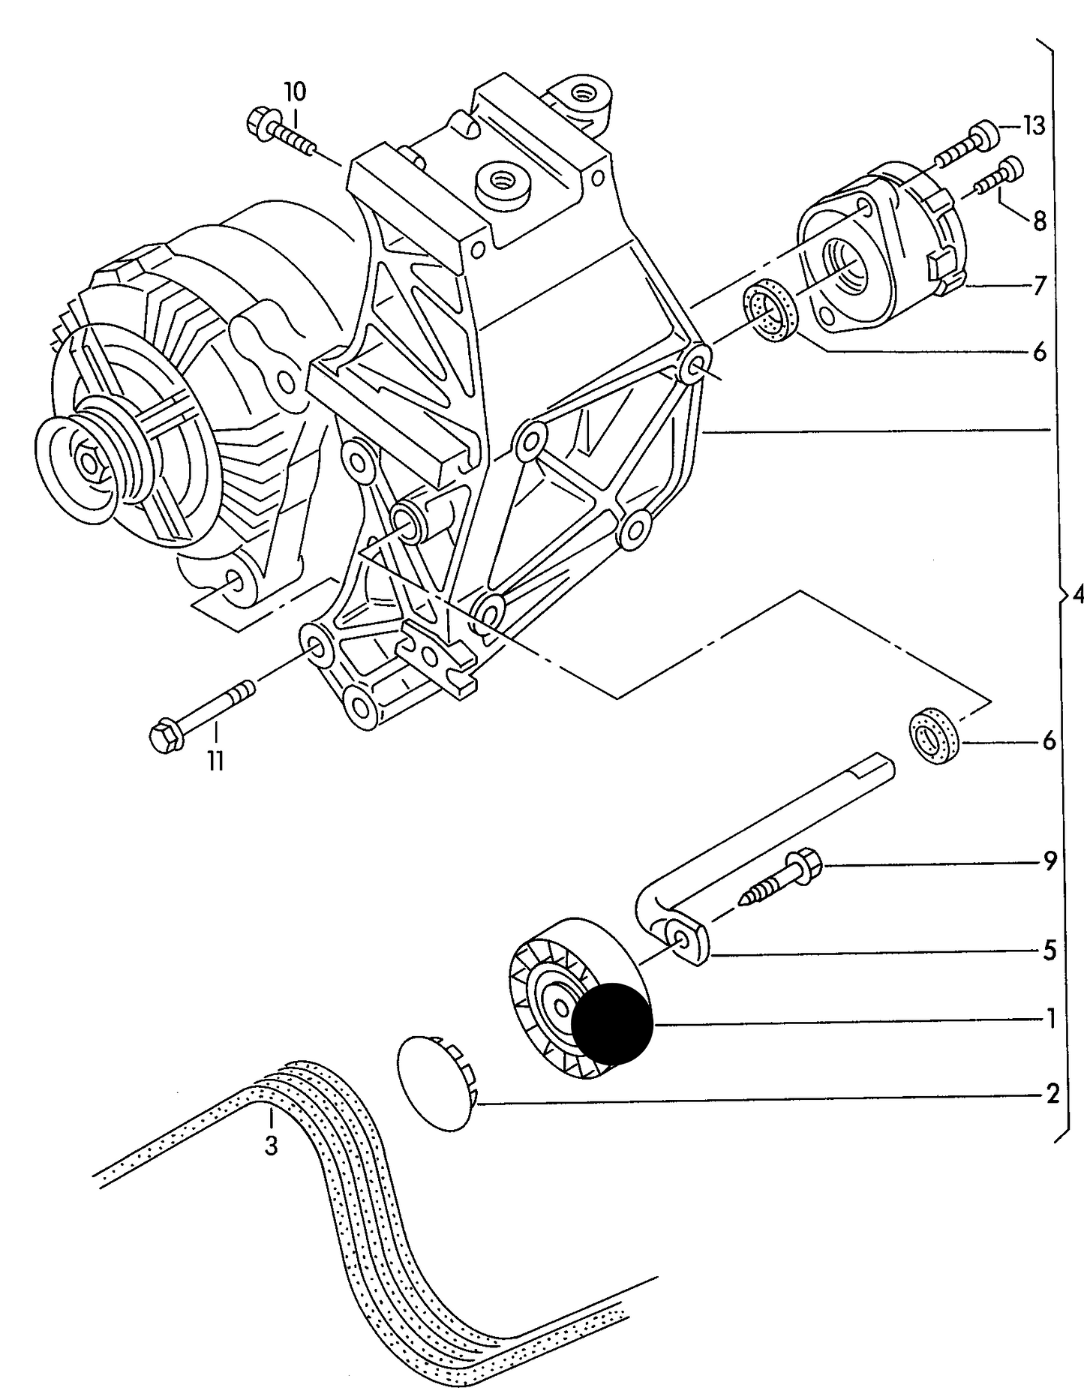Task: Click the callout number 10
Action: coord(295,92)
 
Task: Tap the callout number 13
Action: coord(1034,126)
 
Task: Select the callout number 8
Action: coord(1039,221)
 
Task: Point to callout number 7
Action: coord(1040,286)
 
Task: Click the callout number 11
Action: coord(216,761)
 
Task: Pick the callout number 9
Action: coord(1049,861)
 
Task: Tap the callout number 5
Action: coord(1049,951)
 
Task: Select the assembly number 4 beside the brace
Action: coord(1077,596)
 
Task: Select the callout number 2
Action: coord(1052,1094)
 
